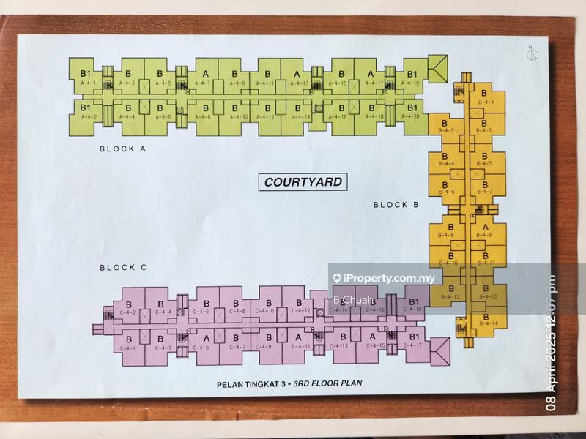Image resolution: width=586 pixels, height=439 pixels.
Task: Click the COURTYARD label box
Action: [303, 181]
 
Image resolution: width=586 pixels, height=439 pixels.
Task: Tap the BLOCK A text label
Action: [123, 149]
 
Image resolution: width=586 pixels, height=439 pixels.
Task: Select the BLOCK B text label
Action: [396, 205]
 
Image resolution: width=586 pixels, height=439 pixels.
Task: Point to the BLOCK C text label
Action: [123, 268]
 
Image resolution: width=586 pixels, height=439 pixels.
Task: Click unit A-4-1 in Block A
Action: [85, 78]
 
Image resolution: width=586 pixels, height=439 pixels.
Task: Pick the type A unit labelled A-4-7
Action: [204, 78]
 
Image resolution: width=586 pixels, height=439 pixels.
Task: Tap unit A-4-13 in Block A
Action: [297, 78]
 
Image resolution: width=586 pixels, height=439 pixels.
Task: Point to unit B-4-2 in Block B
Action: [446, 126]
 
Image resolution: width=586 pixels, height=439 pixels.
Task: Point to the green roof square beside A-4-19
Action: [439, 70]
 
